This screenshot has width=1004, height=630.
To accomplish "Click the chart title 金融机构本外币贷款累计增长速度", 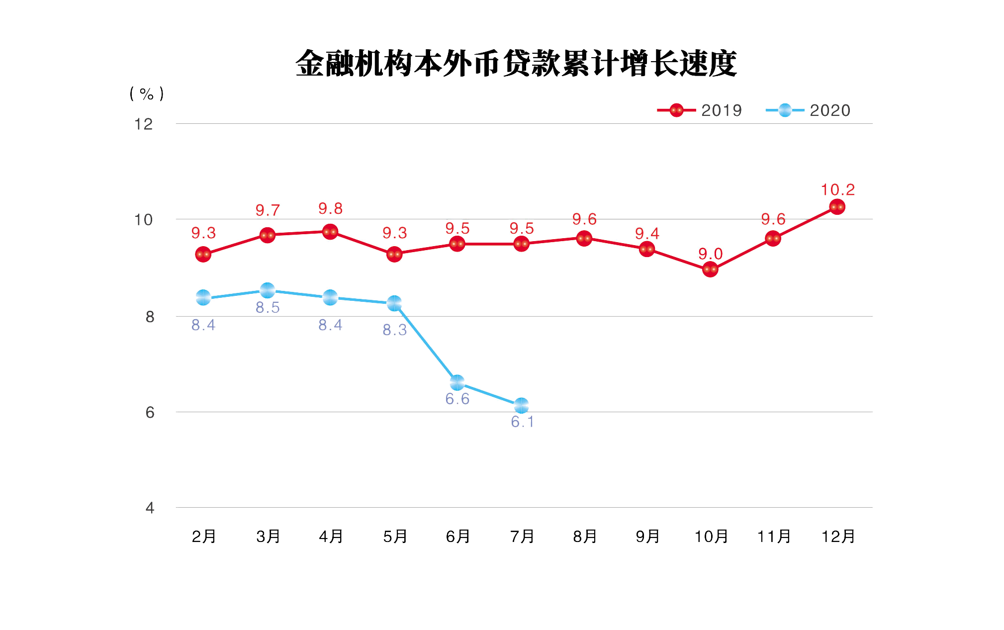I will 516,64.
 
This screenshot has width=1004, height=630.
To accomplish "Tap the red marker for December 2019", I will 837,207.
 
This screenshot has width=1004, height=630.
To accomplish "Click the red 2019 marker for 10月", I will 710,270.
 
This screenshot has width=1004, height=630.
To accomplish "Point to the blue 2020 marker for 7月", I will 521,406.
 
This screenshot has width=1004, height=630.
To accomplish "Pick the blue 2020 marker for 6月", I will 457,383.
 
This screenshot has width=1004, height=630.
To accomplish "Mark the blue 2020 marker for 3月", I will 268,290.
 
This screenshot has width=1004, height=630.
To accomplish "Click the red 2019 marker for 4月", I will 330,232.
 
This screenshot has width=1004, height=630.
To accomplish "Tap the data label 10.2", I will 837,189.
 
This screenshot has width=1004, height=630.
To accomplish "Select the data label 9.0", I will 710,254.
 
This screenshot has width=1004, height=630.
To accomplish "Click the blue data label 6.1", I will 522,422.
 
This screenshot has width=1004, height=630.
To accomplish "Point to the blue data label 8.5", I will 268,307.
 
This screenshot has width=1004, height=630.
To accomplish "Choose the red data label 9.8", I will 330,208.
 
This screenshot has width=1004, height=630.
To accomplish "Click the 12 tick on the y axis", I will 143,124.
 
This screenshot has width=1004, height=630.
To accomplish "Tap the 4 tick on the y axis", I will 150,508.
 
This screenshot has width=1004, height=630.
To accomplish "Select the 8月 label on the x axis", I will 585,537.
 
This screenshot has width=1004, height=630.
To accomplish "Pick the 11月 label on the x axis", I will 774,537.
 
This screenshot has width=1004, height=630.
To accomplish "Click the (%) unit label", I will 146,93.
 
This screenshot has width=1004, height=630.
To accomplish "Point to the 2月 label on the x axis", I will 204,537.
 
